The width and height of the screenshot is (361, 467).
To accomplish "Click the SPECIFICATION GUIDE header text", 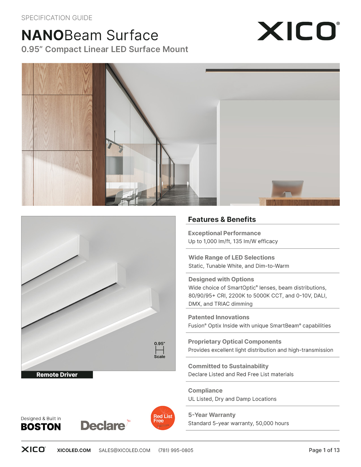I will click(57, 18).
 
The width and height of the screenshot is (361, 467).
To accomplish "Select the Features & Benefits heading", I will click(222, 219).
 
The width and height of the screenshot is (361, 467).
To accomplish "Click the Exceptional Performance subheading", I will click(224, 233).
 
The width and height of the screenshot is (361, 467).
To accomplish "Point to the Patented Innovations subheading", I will click(219, 317).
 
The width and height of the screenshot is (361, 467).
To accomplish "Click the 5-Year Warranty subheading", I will click(212, 415).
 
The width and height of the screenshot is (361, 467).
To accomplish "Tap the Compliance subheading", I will click(205, 390).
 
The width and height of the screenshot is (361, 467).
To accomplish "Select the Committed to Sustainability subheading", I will click(228, 366).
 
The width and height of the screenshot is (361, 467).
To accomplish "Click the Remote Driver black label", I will click(57, 374).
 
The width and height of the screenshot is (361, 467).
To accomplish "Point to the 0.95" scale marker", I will click(160, 350).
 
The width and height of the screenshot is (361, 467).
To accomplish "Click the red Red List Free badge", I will click(163, 418).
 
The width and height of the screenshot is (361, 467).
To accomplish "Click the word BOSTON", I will click(41, 427).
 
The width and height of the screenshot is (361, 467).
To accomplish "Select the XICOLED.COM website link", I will click(74, 450).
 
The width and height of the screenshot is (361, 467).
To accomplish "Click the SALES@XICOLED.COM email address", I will click(124, 450).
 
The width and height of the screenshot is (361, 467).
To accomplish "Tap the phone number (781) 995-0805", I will click(176, 450).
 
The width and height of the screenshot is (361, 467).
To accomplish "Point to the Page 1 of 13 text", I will click(324, 450).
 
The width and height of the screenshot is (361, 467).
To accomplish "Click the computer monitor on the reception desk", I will click(287, 188).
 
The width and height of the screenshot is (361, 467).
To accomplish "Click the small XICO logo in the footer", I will click(33, 449).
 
